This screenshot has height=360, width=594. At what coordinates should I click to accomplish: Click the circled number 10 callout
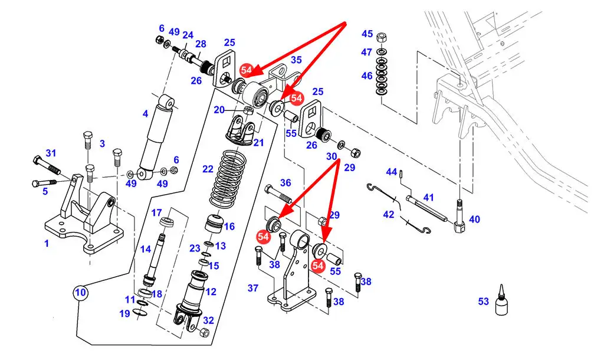point(80,293)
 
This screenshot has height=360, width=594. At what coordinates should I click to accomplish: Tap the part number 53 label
point(483,302)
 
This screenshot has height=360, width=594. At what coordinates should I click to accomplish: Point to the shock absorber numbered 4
point(156,137)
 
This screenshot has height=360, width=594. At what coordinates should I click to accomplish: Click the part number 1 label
point(47,243)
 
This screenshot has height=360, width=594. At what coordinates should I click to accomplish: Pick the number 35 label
point(296,60)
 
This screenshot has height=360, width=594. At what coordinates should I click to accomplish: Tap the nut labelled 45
point(382,38)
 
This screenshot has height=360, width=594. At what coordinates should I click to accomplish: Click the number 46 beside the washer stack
point(367,76)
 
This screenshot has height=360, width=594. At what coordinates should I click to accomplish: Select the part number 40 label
point(474,220)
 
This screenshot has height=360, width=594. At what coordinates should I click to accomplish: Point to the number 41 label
point(428,198)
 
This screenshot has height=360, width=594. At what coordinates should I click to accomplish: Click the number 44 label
point(391,172)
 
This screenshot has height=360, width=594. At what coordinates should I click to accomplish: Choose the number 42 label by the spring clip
point(389,214)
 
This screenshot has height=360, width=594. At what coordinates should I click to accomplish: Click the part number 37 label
point(253,288)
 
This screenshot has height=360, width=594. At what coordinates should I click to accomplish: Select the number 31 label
point(51,153)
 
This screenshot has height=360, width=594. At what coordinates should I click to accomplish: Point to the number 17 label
point(156,213)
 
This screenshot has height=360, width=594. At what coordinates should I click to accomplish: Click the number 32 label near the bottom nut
point(208,320)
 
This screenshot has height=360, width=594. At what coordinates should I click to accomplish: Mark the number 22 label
point(208,169)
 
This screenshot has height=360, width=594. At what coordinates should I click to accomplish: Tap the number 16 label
point(229,227)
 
